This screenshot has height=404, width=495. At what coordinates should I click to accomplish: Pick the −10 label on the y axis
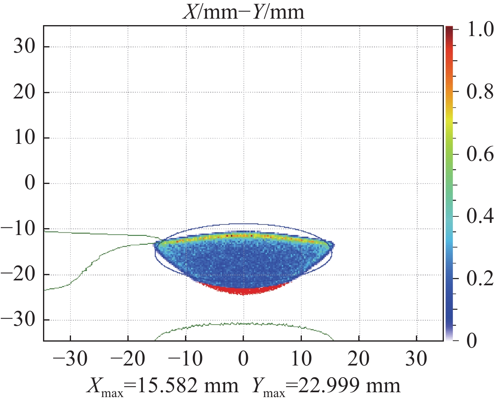tap(19, 229)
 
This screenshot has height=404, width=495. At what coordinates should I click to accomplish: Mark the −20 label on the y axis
tap(19, 275)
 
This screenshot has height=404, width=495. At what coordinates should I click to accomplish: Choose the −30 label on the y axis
tap(19, 321)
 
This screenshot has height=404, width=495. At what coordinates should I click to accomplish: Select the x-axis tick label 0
tap(243, 359)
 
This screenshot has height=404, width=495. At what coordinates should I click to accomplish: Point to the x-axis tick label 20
tap(359, 359)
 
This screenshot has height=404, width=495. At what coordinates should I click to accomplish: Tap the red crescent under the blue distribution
tap(243, 290)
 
